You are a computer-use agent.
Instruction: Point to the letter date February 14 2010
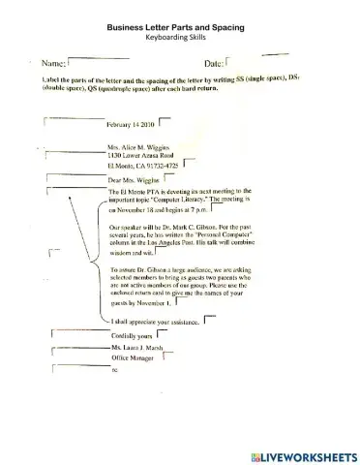(130, 125)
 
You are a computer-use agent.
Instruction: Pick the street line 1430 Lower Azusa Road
(144, 155)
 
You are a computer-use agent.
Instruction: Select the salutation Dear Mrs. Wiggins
(134, 181)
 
